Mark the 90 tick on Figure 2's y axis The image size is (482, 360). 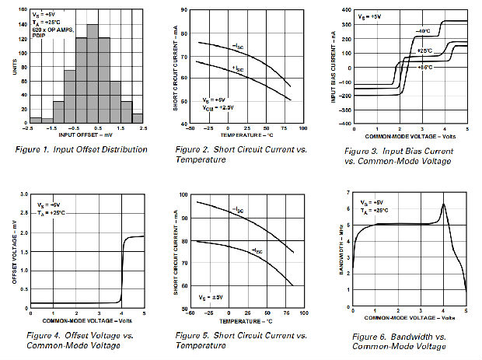[186, 10]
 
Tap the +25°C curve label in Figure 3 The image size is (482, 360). [424, 51]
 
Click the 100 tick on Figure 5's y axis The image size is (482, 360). [184, 195]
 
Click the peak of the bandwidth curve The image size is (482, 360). [443, 204]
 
